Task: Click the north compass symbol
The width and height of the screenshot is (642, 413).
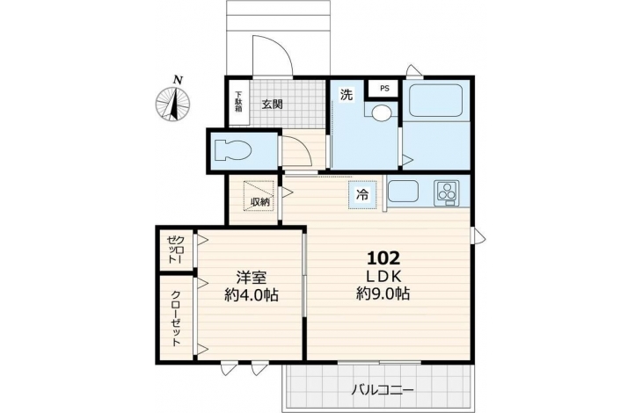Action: [172, 105]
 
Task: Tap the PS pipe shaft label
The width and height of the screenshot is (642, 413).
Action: [384, 89]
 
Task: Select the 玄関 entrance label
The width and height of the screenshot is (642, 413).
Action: [273, 105]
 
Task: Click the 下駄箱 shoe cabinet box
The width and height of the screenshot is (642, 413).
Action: [238, 102]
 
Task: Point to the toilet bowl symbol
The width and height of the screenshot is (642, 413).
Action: [232, 149]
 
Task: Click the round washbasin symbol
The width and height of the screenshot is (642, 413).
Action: [382, 112]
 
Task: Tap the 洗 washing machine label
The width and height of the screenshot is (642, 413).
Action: [347, 94]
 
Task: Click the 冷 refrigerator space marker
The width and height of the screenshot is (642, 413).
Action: [362, 195]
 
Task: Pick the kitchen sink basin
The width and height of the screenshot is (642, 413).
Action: [404, 192]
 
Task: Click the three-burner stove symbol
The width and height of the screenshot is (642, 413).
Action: [447, 192]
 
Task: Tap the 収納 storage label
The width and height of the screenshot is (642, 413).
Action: [260, 202]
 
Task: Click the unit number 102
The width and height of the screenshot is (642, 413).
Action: [383, 258]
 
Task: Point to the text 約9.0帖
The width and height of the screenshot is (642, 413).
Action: [383, 293]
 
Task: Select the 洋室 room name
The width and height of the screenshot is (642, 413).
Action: [252, 278]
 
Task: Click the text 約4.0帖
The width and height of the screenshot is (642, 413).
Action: [252, 294]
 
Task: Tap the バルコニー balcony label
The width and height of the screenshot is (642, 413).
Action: [383, 389]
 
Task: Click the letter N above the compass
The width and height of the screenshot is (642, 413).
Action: [178, 80]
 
